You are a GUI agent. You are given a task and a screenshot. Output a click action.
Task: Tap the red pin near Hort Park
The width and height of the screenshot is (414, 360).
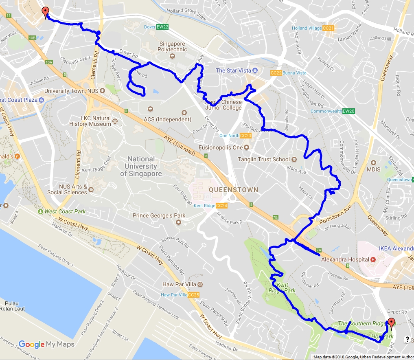[x=391, y=323]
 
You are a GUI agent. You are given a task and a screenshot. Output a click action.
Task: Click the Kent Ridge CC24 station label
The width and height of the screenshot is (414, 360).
[x=210, y=206]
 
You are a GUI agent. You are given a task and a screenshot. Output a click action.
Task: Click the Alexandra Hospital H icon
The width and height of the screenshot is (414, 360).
[x=372, y=259]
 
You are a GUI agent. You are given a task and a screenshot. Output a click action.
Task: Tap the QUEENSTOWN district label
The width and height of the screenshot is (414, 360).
[x=234, y=190]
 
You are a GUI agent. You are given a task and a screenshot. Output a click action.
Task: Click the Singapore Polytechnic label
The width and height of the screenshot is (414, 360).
[x=173, y=46]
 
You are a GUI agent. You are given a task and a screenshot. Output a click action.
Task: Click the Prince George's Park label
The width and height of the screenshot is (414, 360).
[x=159, y=215]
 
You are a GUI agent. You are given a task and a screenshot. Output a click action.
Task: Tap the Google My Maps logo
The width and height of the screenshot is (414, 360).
[x=46, y=345]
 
